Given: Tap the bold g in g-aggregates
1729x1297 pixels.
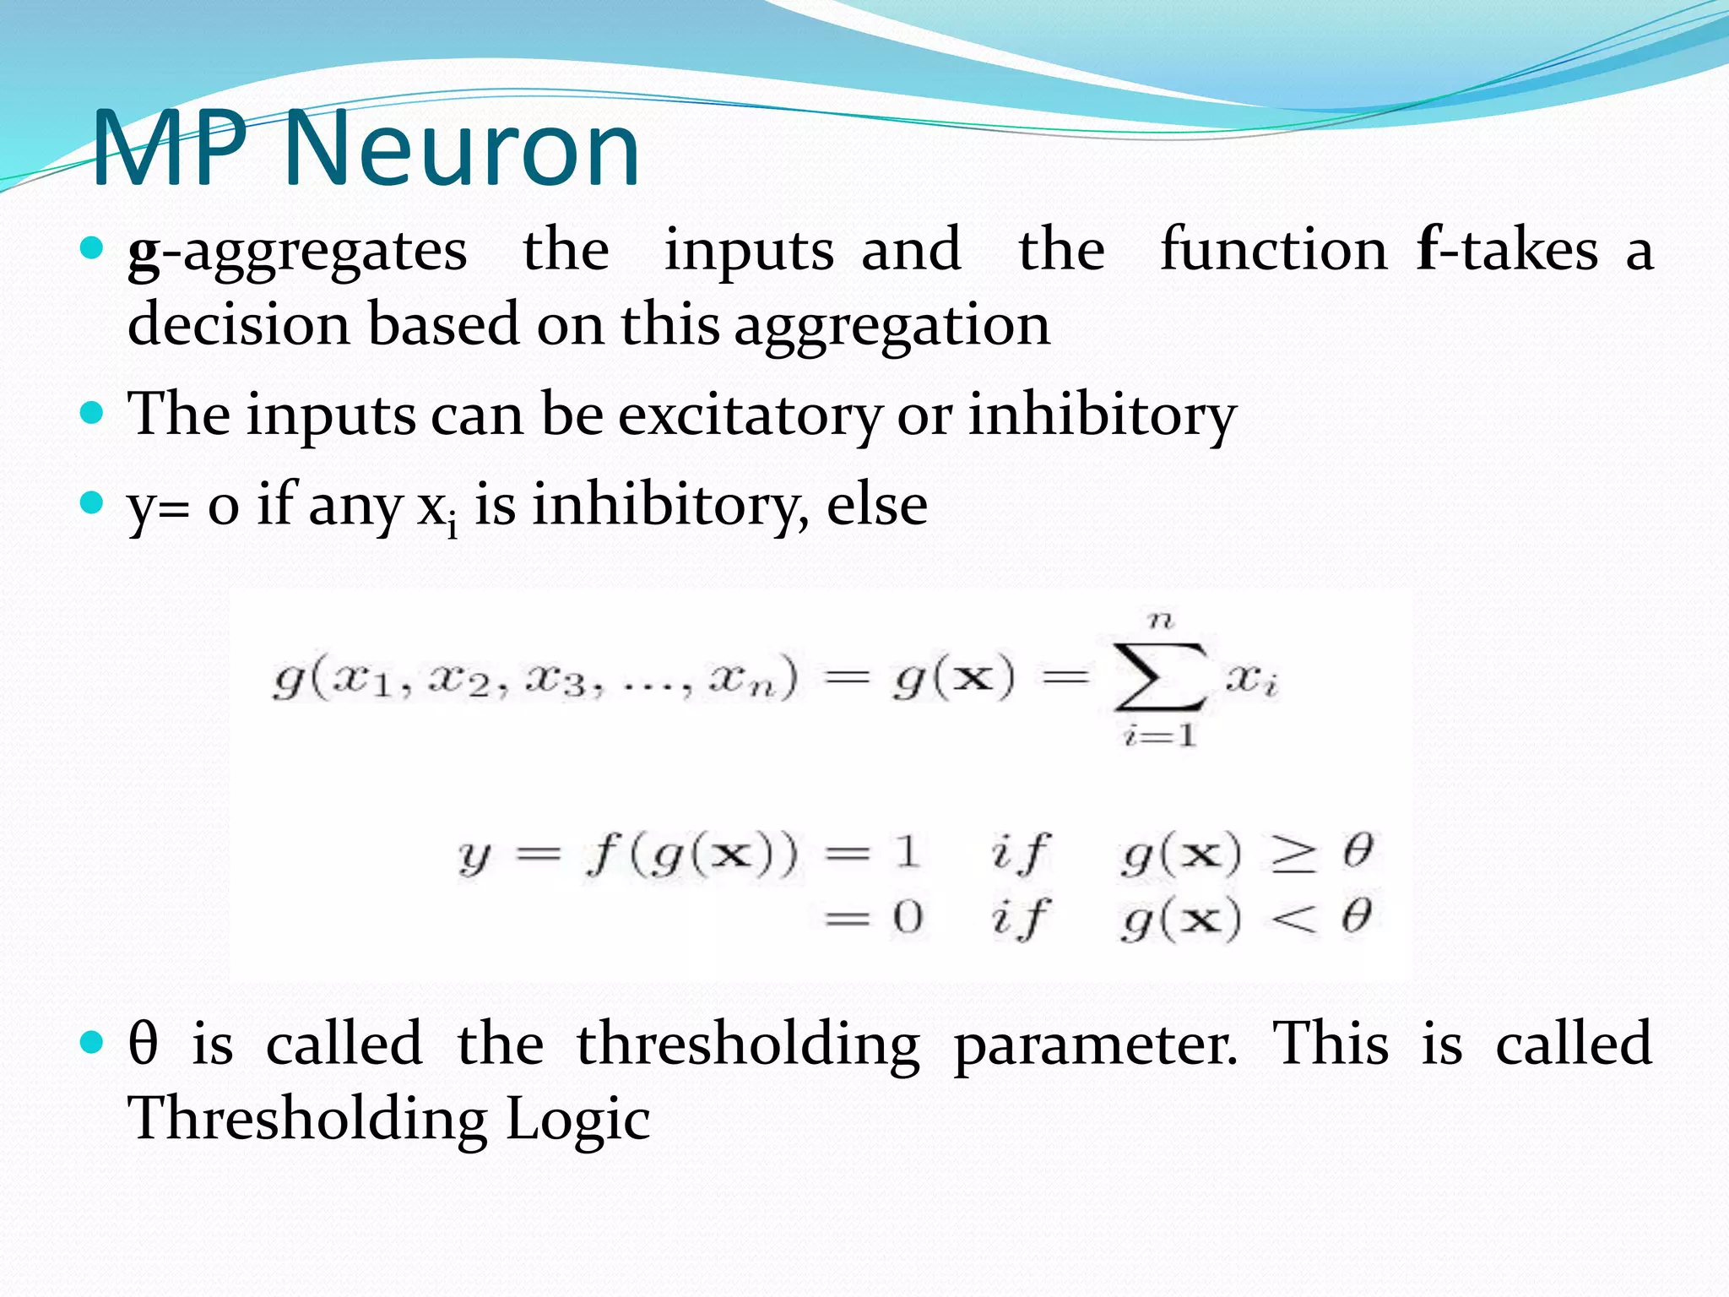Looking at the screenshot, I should (144, 252).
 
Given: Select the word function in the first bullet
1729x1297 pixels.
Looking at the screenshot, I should (1273, 250).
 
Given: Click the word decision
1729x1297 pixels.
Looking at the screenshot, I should (239, 325).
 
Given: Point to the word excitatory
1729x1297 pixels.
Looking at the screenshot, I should (750, 415).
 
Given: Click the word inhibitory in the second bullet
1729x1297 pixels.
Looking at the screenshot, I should (1102, 415).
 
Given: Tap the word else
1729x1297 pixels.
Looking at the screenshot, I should (877, 505).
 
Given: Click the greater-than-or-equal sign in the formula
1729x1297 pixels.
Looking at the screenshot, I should (1293, 854).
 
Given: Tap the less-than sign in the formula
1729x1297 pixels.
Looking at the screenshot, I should (1293, 919).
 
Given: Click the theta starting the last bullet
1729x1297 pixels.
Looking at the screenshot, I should (143, 1044).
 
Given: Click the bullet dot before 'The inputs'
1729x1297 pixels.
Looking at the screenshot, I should (91, 414).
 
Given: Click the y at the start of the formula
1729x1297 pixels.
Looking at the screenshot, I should (474, 857).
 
